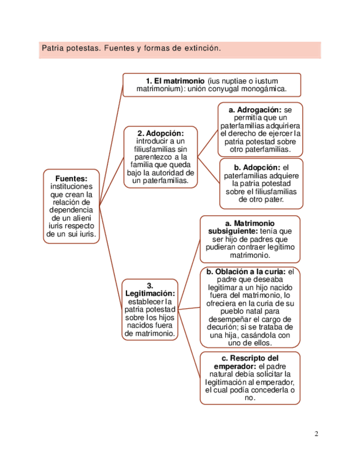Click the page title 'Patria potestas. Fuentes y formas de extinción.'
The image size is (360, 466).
click(x=131, y=49)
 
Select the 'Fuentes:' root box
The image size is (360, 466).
click(x=71, y=206)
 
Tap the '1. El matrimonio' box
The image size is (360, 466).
click(x=212, y=85)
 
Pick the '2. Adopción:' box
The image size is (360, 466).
click(x=160, y=157)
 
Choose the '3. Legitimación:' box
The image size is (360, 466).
click(x=150, y=309)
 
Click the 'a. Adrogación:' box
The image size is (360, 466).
click(x=261, y=129)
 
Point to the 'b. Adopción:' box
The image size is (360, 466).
click(x=261, y=184)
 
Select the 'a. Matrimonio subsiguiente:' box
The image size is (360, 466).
click(x=250, y=239)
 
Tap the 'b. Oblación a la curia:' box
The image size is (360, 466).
click(x=250, y=307)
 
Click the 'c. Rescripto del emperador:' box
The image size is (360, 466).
click(x=250, y=378)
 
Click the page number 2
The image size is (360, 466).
click(x=317, y=434)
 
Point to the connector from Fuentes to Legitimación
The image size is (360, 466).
click(x=110, y=258)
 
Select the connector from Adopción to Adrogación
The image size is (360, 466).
click(x=208, y=143)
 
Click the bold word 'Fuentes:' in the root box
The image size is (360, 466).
click(x=71, y=179)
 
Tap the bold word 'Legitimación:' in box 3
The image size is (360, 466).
click(x=150, y=293)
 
